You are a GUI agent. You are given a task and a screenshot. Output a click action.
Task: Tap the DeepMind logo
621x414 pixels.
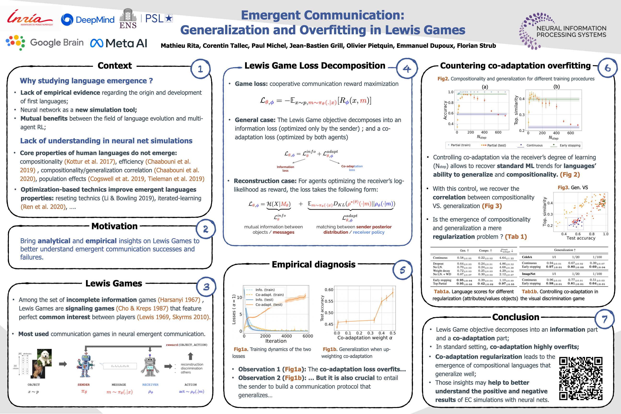pyautogui.click(x=88, y=20)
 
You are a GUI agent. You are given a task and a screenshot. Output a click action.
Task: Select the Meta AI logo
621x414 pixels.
pyautogui.click(x=119, y=43)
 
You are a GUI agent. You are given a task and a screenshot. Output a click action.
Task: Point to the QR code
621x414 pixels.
pyautogui.click(x=581, y=378)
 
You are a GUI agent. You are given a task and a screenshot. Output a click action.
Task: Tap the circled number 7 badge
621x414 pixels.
pyautogui.click(x=604, y=319)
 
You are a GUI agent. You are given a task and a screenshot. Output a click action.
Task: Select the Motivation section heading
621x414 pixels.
pyautogui.click(x=114, y=226)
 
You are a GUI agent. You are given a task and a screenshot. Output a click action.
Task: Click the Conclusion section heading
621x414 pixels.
pyautogui.click(x=515, y=317)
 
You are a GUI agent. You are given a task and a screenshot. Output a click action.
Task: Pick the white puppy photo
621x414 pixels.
pyautogui.click(x=44, y=357)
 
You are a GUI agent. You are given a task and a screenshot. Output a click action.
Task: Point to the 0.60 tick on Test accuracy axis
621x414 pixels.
pyautogui.click(x=329, y=290)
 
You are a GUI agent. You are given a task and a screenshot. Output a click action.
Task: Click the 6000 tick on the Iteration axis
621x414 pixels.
pyautogui.click(x=308, y=336)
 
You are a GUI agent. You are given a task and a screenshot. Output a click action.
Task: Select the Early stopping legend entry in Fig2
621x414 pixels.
pyautogui.click(x=570, y=145)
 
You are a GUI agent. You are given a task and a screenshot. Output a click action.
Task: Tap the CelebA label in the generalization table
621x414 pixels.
pyautogui.click(x=527, y=257)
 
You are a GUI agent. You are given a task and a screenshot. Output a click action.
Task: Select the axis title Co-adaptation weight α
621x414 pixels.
pyautogui.click(x=365, y=338)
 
